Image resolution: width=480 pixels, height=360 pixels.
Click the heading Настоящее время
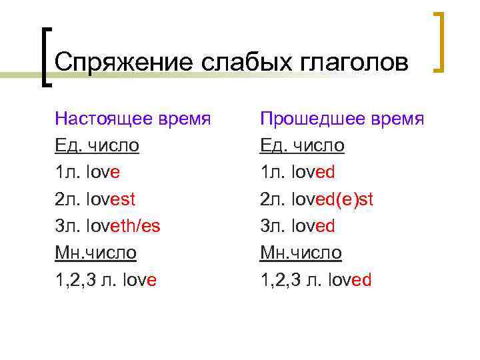133,119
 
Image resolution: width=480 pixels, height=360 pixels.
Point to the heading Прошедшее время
342,119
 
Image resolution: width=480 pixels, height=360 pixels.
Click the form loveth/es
122,225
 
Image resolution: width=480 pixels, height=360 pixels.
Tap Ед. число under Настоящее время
97,145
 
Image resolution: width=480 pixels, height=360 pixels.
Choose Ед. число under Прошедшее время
302,145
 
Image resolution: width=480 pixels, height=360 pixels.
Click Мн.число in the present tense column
96,253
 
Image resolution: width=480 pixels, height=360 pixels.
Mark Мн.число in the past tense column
301,253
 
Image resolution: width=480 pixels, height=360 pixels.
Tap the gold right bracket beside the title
439,41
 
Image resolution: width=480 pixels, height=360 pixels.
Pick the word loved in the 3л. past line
315,225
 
